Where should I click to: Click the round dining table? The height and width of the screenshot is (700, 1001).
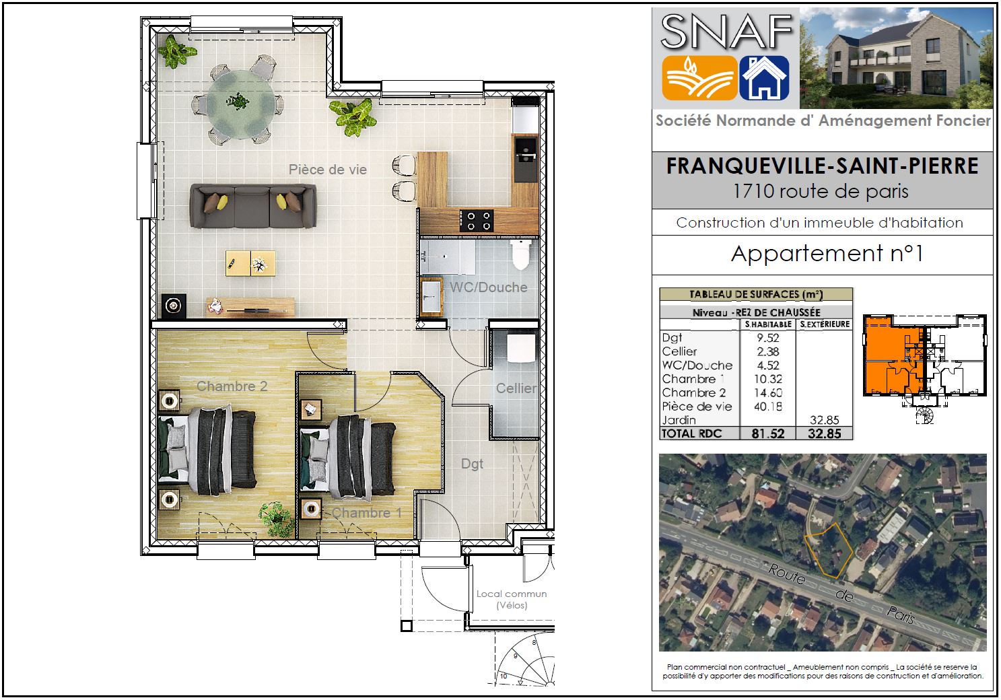(x=240, y=104)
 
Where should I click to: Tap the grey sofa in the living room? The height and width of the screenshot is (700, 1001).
(x=253, y=205)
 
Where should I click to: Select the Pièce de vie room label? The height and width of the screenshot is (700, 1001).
(x=328, y=170)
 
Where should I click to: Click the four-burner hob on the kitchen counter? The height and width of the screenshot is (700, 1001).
(x=477, y=221)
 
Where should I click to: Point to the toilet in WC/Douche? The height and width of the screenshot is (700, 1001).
(x=521, y=254)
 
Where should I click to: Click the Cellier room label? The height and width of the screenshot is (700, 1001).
(x=516, y=388)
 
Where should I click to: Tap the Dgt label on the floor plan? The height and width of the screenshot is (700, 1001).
(x=472, y=464)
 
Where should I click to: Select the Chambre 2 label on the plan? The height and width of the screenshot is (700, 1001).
(x=232, y=386)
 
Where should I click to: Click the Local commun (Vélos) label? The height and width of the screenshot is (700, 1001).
(x=512, y=600)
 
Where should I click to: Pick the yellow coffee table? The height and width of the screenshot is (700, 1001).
(x=250, y=263)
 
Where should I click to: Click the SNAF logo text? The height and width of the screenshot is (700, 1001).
(x=726, y=31)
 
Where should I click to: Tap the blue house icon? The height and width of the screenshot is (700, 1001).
(x=764, y=77)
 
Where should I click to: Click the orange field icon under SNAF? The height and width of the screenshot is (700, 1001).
(x=699, y=77)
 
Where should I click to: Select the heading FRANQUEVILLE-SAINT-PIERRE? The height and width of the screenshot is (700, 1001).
(x=822, y=166)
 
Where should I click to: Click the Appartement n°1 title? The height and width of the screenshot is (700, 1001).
(x=827, y=254)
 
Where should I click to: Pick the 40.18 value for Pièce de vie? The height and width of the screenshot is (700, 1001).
(x=767, y=406)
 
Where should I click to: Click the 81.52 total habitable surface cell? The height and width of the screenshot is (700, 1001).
(x=767, y=433)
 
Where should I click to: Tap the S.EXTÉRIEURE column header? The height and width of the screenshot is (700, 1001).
(x=825, y=324)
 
